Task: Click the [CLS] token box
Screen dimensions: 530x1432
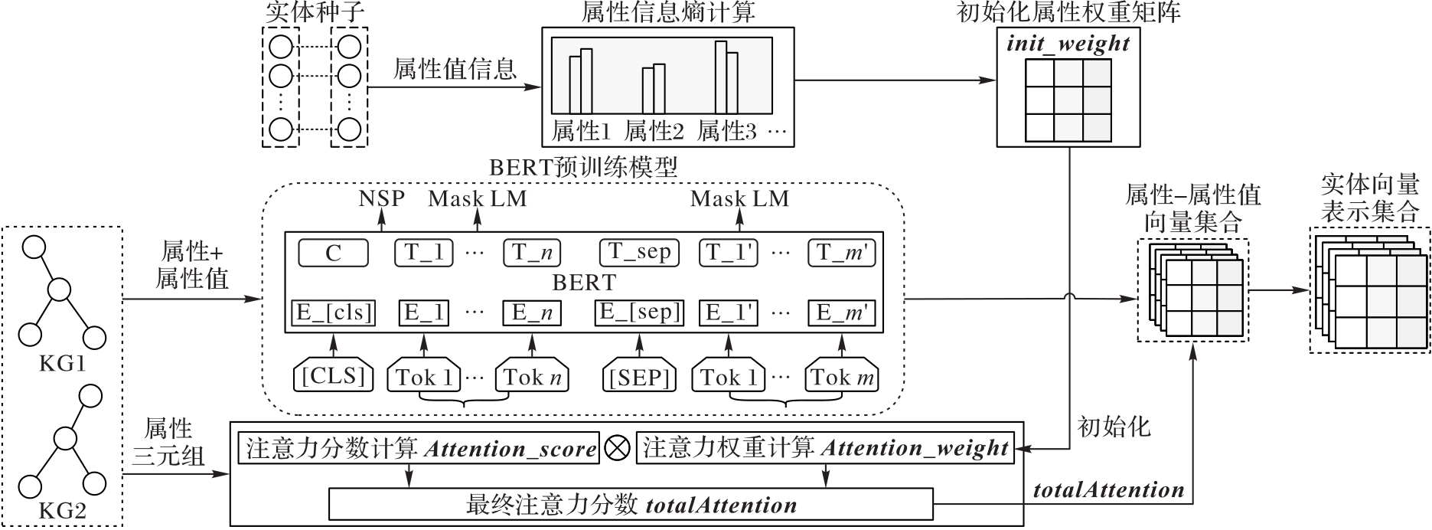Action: pyautogui.click(x=334, y=377)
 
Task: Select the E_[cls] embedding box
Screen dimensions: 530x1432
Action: pyautogui.click(x=334, y=312)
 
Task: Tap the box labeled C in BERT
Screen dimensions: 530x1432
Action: pyautogui.click(x=333, y=253)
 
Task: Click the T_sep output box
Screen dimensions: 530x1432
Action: pyautogui.click(x=640, y=252)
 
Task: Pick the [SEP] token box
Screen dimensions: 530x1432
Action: pyautogui.click(x=640, y=377)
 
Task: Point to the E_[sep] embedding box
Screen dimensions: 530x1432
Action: pyautogui.click(x=640, y=312)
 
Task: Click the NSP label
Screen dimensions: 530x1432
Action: pyautogui.click(x=381, y=199)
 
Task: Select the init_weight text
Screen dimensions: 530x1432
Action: pyautogui.click(x=1068, y=44)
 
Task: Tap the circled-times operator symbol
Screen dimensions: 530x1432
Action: pyautogui.click(x=616, y=449)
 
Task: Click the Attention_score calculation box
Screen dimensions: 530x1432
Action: pyautogui.click(x=419, y=449)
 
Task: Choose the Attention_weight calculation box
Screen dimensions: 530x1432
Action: pyautogui.click(x=825, y=449)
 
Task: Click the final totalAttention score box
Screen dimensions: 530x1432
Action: pyautogui.click(x=631, y=505)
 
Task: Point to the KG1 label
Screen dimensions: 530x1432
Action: pyautogui.click(x=62, y=364)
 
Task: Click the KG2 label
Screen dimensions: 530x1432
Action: pyautogui.click(x=62, y=511)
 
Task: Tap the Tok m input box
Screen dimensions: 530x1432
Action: pyautogui.click(x=842, y=377)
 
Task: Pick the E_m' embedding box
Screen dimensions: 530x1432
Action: pyautogui.click(x=842, y=312)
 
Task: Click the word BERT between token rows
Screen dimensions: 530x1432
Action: pyautogui.click(x=584, y=283)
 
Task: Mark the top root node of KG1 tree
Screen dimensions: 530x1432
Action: pyautogui.click(x=34, y=248)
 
